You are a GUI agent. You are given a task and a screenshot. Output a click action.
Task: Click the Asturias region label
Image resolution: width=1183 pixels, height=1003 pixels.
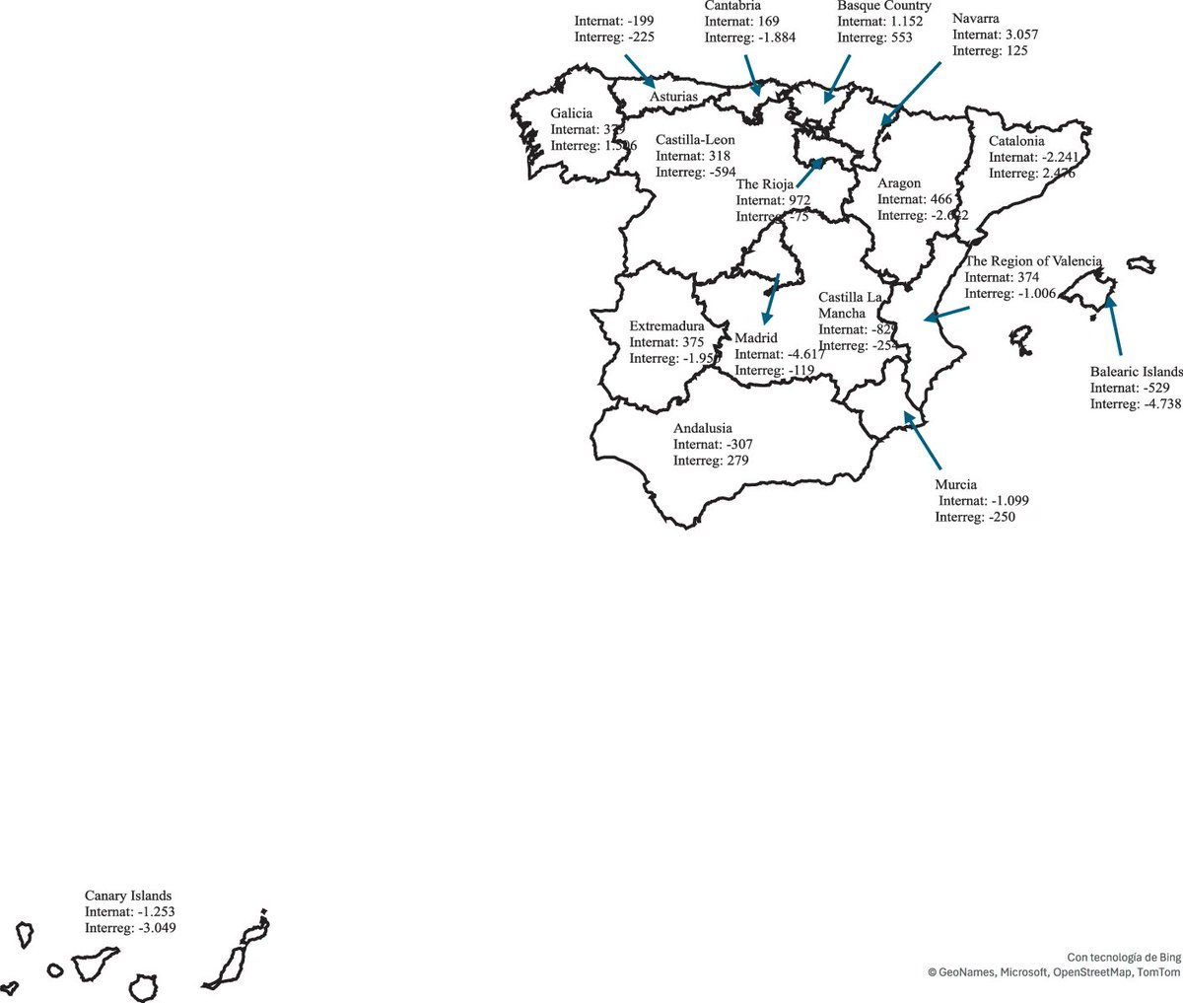(x=674, y=97)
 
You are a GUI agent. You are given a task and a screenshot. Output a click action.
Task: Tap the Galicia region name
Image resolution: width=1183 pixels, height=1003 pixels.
(x=572, y=113)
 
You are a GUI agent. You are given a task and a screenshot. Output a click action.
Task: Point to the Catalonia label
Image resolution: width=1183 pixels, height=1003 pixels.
(x=1016, y=141)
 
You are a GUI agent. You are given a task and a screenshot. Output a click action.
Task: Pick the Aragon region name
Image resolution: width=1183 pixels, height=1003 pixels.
(x=899, y=183)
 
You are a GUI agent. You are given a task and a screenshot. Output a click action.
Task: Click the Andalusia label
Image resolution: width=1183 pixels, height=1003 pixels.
(x=703, y=428)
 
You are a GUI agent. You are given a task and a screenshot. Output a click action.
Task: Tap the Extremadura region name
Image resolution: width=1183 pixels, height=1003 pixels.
(x=666, y=326)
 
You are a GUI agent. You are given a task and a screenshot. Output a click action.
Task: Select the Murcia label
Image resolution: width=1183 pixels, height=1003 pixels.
(x=956, y=484)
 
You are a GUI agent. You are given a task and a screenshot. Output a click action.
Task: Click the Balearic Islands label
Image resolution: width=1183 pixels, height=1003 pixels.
(x=1136, y=372)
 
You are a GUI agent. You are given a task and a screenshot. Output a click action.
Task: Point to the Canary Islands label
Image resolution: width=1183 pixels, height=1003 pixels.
(x=128, y=896)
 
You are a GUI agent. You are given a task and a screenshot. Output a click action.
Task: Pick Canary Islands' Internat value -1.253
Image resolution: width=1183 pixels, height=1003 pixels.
(x=153, y=912)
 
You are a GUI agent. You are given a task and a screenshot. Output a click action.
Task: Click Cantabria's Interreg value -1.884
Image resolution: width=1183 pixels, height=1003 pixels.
(x=774, y=37)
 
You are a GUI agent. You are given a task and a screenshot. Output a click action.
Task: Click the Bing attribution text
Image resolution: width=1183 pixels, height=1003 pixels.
(x=1124, y=957)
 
